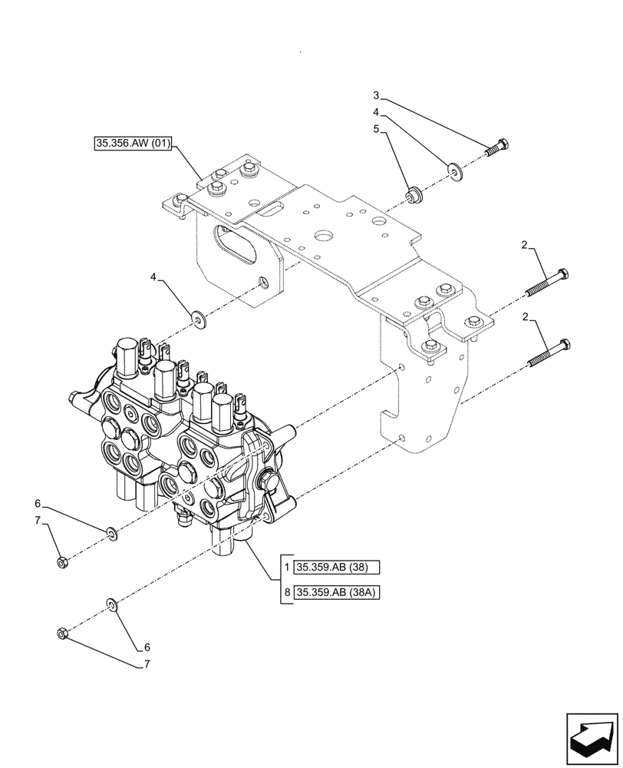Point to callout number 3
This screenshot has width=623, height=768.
click(x=376, y=95)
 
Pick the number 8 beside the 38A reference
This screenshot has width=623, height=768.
click(x=287, y=593)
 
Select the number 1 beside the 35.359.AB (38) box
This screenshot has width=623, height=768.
click(x=287, y=568)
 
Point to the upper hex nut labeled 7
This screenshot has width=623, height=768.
click(x=63, y=562)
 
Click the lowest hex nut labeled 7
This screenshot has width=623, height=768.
click(x=63, y=634)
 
